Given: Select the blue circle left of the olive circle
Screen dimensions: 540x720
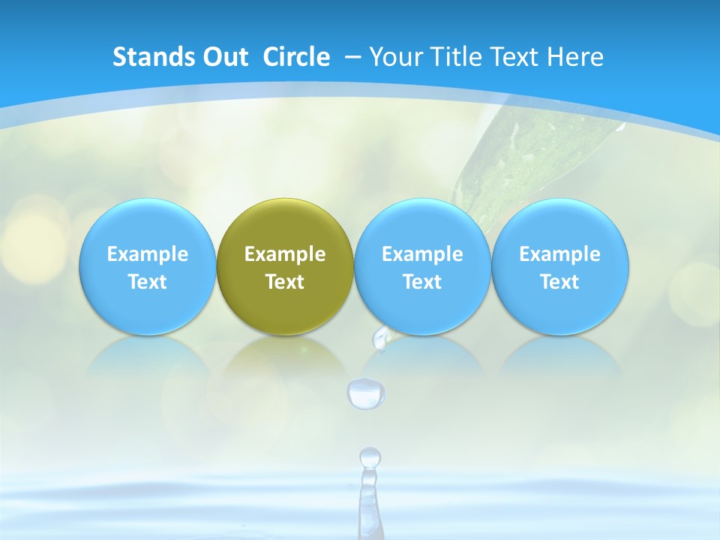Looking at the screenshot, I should click(147, 267).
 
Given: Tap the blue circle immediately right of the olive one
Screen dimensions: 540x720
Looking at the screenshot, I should click(422, 267).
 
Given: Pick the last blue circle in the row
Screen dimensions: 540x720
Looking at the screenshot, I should click(560, 267).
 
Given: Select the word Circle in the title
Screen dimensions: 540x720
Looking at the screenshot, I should click(296, 57).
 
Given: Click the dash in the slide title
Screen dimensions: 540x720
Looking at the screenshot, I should click(352, 56).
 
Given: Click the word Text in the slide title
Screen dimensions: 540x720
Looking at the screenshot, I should click(517, 57).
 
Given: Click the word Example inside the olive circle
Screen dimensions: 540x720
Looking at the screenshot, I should click(285, 254).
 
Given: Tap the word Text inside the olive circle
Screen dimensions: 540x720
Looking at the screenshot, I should click(285, 282).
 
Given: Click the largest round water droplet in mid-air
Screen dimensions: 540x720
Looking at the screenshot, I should click(366, 393).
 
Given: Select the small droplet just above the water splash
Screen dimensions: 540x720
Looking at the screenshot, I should click(370, 456).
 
